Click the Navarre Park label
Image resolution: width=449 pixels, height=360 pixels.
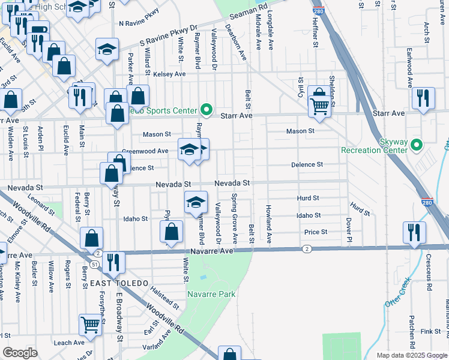click(211, 294)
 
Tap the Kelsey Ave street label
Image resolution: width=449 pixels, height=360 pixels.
click(169, 74)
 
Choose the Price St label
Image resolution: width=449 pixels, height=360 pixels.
click(316, 232)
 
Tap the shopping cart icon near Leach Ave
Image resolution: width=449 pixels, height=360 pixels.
click(90, 324)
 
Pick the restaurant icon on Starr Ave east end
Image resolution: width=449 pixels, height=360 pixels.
click(423, 97)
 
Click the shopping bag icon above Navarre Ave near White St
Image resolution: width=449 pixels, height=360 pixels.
click(171, 232)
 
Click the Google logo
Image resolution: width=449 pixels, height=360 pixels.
click(20, 353)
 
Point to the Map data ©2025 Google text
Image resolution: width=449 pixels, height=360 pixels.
click(411, 355)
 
